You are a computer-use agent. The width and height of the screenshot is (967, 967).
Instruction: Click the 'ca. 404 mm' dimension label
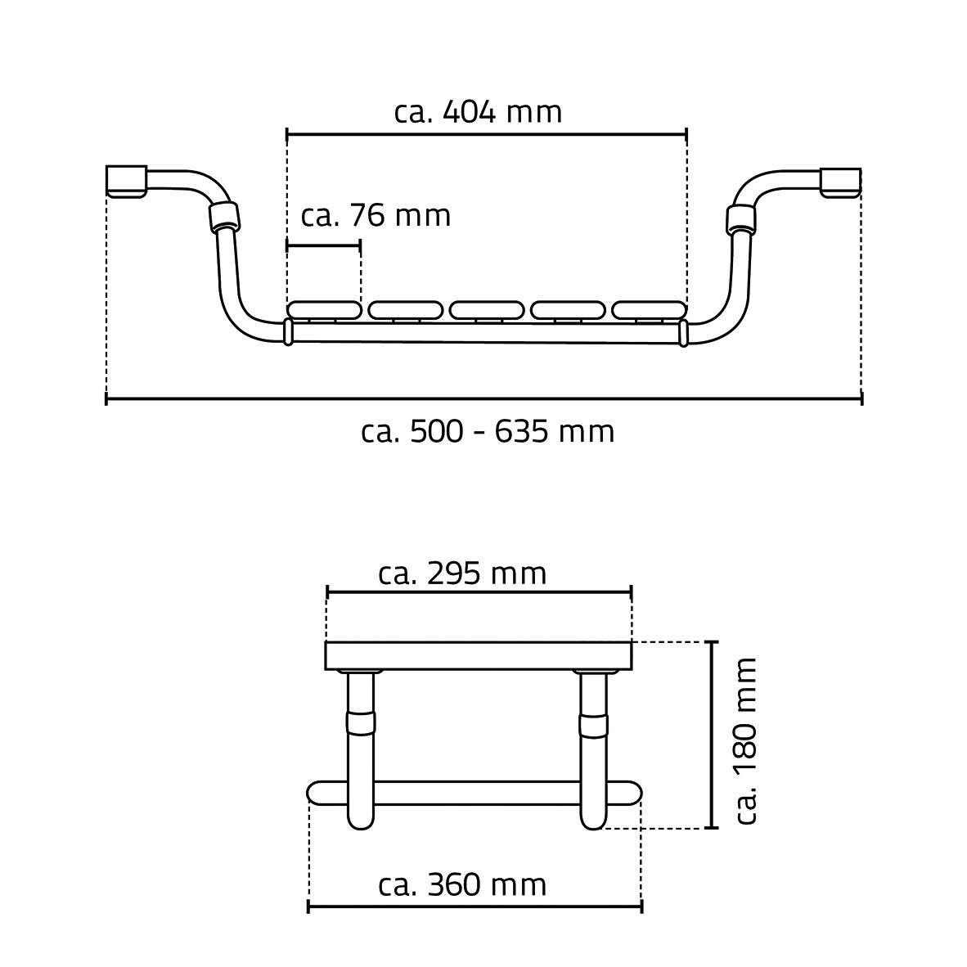coord(478,113)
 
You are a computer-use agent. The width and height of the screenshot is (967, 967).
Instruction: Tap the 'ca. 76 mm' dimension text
coord(376,216)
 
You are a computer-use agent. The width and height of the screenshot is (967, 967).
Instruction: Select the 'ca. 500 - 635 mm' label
coord(488,432)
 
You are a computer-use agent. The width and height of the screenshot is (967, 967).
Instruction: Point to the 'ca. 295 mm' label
coord(462,573)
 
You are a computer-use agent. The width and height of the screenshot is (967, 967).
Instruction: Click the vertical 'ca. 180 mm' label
coord(746,740)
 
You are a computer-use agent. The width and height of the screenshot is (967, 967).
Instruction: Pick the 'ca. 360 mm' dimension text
coord(462,885)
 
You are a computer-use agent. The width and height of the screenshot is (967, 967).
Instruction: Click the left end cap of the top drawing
coord(127,182)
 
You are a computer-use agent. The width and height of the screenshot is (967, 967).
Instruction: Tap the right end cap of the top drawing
coord(840,182)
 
